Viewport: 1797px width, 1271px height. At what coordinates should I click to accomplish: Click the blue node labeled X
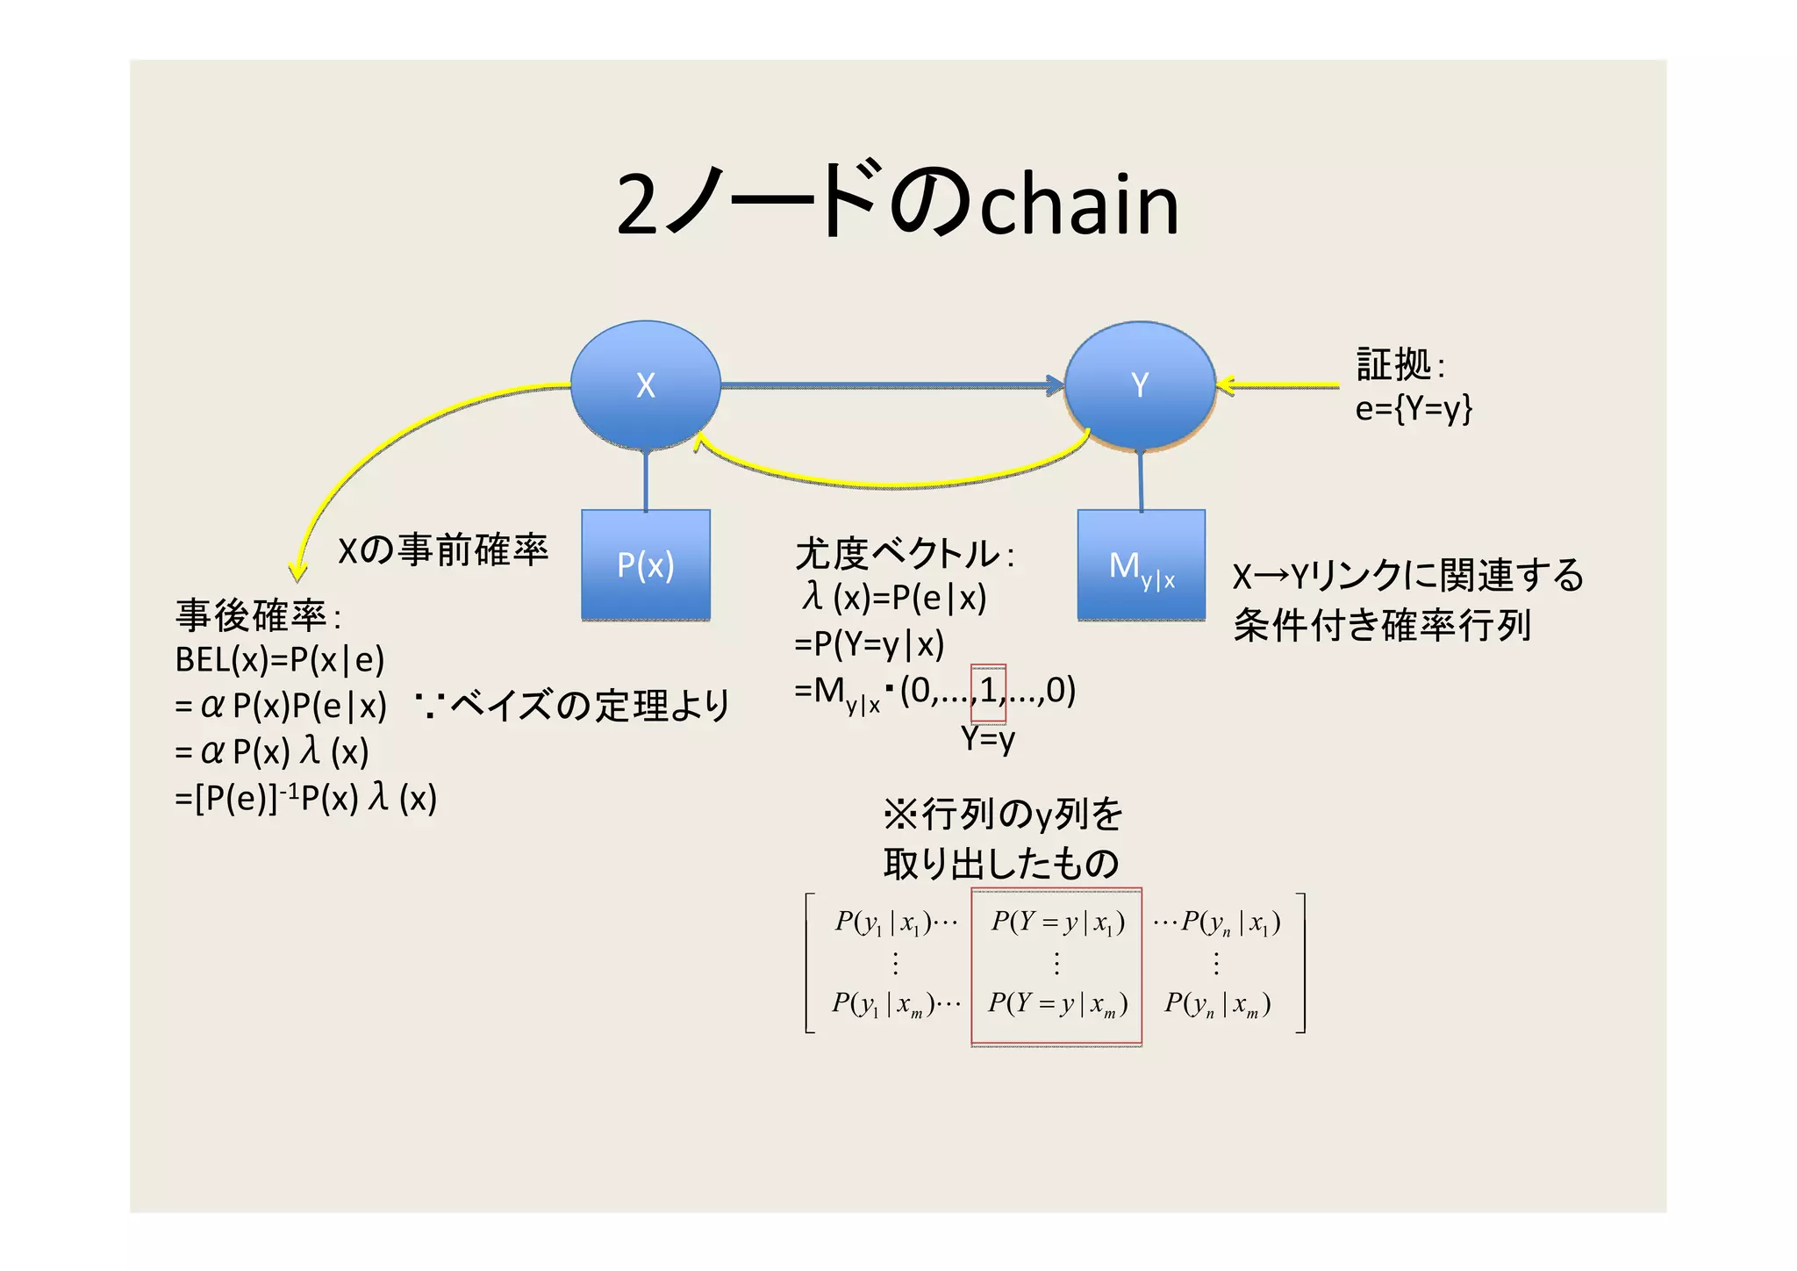[646, 384]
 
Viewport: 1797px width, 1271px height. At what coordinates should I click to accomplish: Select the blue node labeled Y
[1139, 384]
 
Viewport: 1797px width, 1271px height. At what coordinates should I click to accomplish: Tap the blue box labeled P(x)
[646, 564]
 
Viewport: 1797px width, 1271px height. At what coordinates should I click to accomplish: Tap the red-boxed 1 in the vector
[988, 692]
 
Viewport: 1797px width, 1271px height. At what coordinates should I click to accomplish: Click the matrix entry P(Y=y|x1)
[1057, 922]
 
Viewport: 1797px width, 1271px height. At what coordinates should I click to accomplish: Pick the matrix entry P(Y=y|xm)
[1057, 1003]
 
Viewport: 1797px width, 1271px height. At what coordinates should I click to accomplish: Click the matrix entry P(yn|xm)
[1217, 1003]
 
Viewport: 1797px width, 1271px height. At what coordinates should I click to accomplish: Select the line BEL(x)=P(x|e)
[280, 659]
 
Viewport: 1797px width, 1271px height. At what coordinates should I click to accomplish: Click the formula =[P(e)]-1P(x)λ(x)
[305, 798]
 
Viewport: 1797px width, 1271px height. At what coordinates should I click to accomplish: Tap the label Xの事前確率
[443, 550]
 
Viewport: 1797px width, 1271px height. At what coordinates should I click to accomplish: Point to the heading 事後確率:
[257, 615]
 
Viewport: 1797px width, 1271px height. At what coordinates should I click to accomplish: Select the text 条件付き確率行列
[1382, 625]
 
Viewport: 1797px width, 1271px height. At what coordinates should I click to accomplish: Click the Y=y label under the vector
[988, 738]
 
